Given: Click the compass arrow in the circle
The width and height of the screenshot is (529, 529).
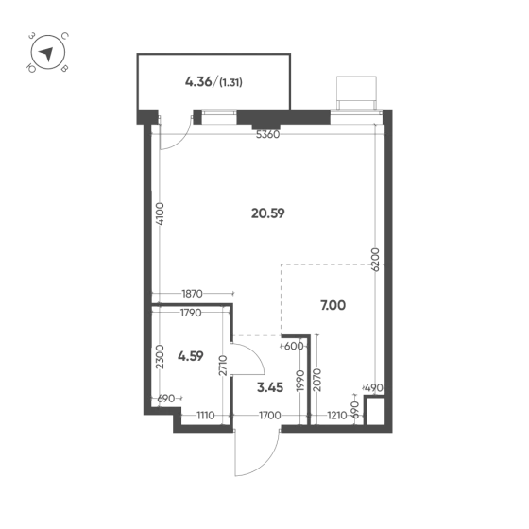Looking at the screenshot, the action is pyautogui.click(x=47, y=54).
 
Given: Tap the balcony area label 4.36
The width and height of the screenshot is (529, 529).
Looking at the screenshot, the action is pyautogui.click(x=198, y=81).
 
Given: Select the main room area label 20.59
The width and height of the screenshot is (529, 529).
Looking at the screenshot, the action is pyautogui.click(x=268, y=213).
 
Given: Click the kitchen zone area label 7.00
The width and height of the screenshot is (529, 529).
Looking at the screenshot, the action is pyautogui.click(x=333, y=305).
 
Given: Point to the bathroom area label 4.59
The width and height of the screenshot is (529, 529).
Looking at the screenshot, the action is pyautogui.click(x=191, y=356).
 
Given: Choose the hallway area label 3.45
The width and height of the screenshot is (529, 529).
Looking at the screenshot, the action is pyautogui.click(x=270, y=387).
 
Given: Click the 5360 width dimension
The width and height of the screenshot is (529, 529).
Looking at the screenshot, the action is pyautogui.click(x=268, y=134).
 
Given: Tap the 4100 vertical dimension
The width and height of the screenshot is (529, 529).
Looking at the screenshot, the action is pyautogui.click(x=160, y=213).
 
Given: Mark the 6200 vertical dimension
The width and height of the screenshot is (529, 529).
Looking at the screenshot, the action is pyautogui.click(x=375, y=260).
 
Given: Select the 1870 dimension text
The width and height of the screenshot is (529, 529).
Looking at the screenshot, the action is pyautogui.click(x=192, y=294).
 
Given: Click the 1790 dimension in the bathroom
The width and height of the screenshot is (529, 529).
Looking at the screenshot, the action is pyautogui.click(x=191, y=313).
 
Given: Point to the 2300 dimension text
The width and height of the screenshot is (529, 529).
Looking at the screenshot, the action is pyautogui.click(x=160, y=357).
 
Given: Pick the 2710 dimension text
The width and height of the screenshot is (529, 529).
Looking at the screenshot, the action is pyautogui.click(x=223, y=366).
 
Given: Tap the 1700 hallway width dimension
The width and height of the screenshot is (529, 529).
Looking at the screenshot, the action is pyautogui.click(x=269, y=415).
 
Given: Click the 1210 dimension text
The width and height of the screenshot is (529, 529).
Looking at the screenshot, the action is pyautogui.click(x=337, y=415).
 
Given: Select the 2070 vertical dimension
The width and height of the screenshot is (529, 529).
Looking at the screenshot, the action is pyautogui.click(x=317, y=380).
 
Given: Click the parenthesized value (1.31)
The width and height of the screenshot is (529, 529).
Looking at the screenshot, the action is pyautogui.click(x=230, y=82).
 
